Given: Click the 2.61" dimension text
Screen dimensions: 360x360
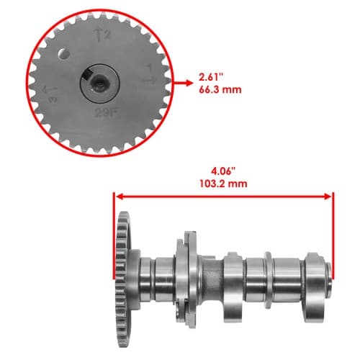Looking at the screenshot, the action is coord(212,77).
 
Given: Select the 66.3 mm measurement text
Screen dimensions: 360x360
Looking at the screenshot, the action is coord(220,90).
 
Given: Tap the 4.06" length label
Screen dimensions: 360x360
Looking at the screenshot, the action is coord(223,171).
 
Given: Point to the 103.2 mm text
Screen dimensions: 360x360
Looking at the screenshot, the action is coord(223,184).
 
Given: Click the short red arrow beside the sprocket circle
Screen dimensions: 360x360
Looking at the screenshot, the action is coord(184,83).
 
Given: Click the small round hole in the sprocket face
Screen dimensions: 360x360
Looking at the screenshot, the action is coord(64,54).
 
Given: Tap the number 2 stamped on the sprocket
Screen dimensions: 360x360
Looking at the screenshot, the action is coord(107,35).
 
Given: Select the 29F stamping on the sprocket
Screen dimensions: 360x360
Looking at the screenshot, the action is coord(107,113).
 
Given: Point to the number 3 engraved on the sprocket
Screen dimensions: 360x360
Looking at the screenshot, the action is coord(53,99).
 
